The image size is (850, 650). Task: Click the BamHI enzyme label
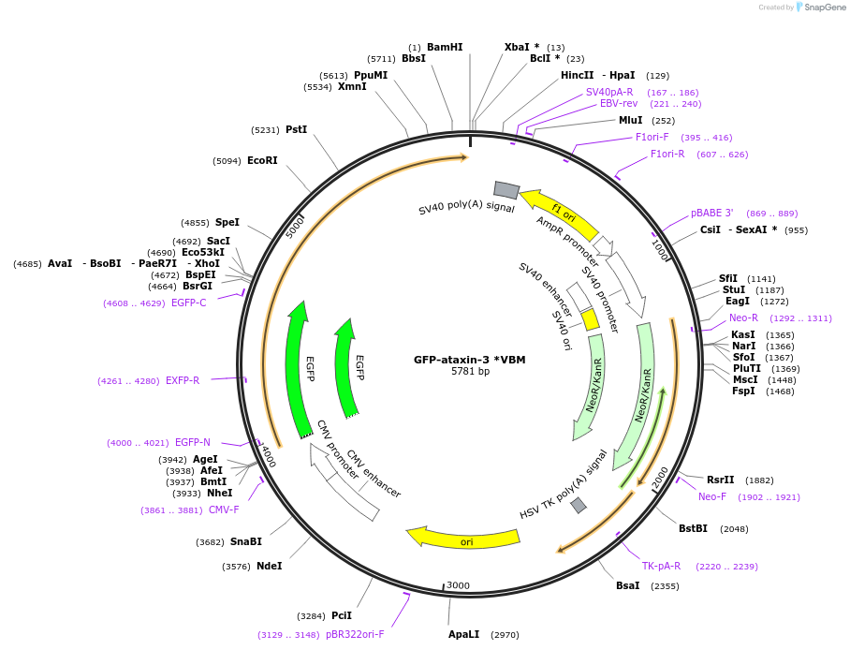(445, 47)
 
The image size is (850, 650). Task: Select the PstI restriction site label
(296, 130)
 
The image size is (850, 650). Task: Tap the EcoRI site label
(262, 161)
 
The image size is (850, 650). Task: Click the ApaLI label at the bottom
(463, 634)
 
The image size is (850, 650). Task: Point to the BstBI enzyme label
(693, 529)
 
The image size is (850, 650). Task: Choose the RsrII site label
(721, 480)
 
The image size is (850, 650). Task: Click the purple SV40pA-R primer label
(609, 93)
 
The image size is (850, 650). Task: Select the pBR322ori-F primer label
(355, 635)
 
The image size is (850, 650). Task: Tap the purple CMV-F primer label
(224, 510)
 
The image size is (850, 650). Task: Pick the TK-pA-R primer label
(661, 566)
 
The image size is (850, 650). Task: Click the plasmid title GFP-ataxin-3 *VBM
(470, 360)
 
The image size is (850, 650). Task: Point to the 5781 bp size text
(470, 372)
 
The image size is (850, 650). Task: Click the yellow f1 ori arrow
(559, 214)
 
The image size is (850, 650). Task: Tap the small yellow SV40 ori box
(591, 320)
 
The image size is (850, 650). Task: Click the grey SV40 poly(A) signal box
(506, 190)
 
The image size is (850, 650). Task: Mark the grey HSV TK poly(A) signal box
(579, 506)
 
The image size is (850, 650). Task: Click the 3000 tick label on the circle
(458, 585)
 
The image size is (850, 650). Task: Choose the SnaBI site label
(245, 542)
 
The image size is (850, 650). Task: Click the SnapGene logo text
(821, 7)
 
